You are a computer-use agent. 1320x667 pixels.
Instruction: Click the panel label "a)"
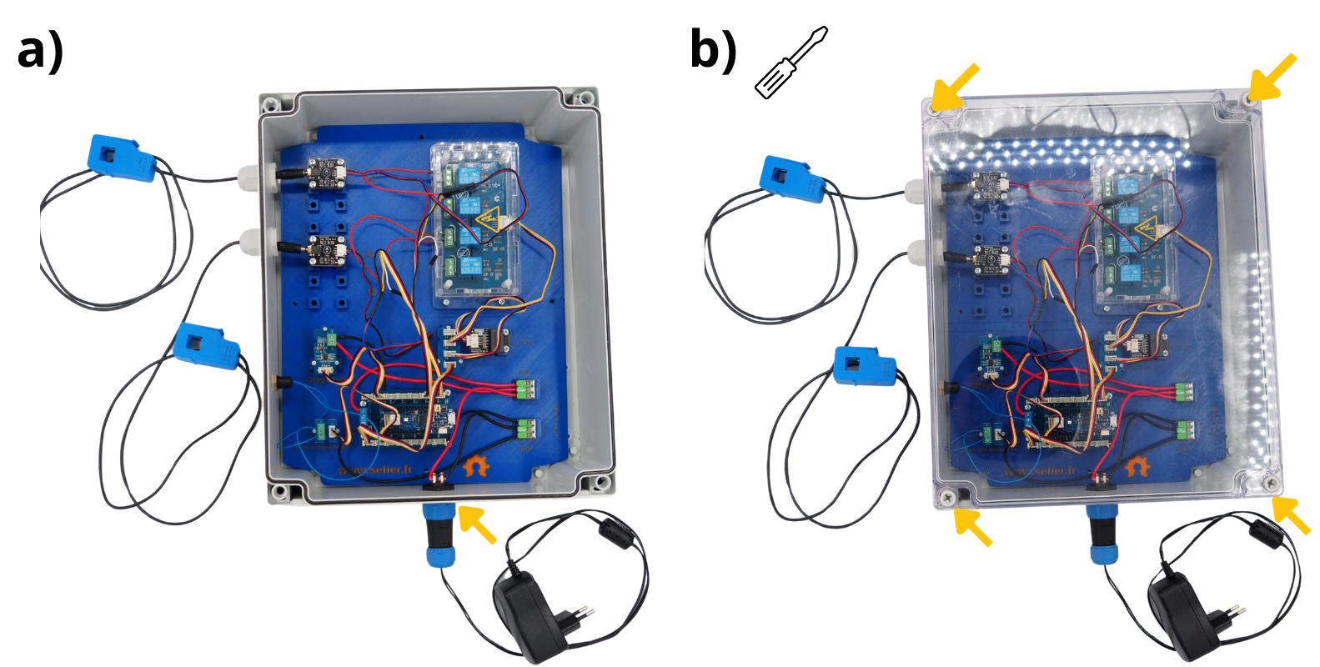(39, 52)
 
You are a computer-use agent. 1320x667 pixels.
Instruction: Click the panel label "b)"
(713, 50)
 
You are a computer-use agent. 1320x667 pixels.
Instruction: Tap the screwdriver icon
(790, 63)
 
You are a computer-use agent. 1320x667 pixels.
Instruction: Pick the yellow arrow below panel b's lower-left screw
(972, 527)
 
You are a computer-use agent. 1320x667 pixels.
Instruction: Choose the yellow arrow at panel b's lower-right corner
(1292, 514)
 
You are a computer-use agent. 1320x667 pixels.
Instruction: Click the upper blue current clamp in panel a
(122, 157)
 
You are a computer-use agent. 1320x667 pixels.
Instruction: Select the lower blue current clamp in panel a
(206, 344)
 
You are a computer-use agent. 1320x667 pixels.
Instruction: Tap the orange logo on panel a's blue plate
(478, 465)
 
